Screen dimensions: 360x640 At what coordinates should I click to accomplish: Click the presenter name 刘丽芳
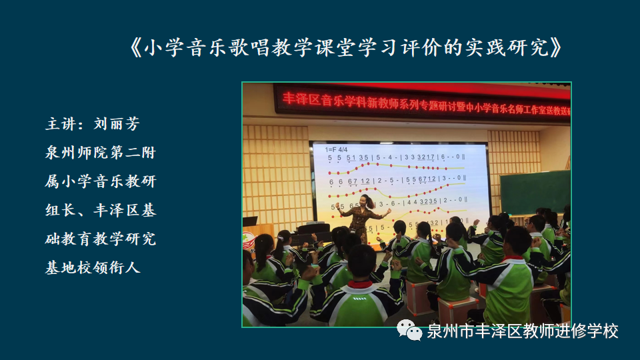(116, 125)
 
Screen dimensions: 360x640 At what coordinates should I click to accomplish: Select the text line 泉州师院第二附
(100, 153)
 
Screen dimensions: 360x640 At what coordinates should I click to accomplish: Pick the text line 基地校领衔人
(93, 267)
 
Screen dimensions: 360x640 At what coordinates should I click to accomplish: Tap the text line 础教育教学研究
(100, 239)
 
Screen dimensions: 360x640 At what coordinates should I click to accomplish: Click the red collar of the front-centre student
(361, 285)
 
